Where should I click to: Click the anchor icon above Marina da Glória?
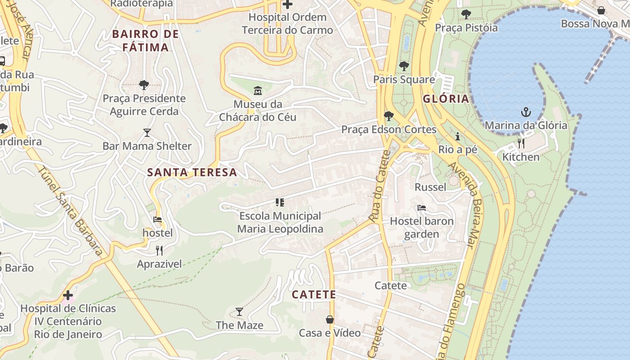(x=526, y=111)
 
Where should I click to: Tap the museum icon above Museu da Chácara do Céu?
(x=257, y=91)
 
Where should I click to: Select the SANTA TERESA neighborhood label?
(x=192, y=172)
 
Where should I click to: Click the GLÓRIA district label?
(x=445, y=99)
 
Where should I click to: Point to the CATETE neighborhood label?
(x=314, y=295)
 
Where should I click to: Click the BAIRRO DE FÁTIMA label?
(x=145, y=40)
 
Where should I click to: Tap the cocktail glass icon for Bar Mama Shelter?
(x=147, y=132)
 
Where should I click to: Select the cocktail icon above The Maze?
(x=239, y=311)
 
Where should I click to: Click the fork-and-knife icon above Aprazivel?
(x=159, y=250)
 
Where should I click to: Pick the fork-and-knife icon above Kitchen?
(x=521, y=143)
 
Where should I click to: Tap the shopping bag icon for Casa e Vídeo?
(x=330, y=319)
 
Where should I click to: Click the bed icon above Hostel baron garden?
(x=422, y=208)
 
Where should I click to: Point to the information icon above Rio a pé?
(x=458, y=136)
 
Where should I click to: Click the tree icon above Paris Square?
(x=404, y=66)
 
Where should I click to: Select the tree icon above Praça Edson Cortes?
(x=388, y=116)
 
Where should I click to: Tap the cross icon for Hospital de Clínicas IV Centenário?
(x=68, y=295)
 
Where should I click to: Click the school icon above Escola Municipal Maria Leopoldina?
(x=280, y=202)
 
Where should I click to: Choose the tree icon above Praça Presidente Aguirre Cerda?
(x=144, y=85)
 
